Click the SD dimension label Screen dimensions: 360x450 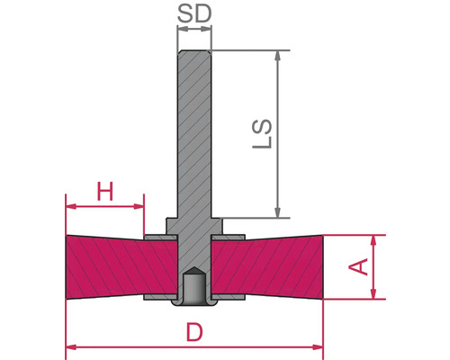pyautogui.click(x=193, y=15)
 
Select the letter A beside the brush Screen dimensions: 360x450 pyautogui.click(x=357, y=266)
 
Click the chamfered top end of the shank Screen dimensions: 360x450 pyautogui.click(x=193, y=53)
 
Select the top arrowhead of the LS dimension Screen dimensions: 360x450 pyautogui.click(x=281, y=56)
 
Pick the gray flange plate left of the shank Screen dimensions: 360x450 pyautogui.click(x=157, y=238)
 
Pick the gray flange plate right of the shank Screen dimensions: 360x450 pyautogui.click(x=229, y=238)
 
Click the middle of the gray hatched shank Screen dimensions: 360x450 pyautogui.click(x=193, y=135)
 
